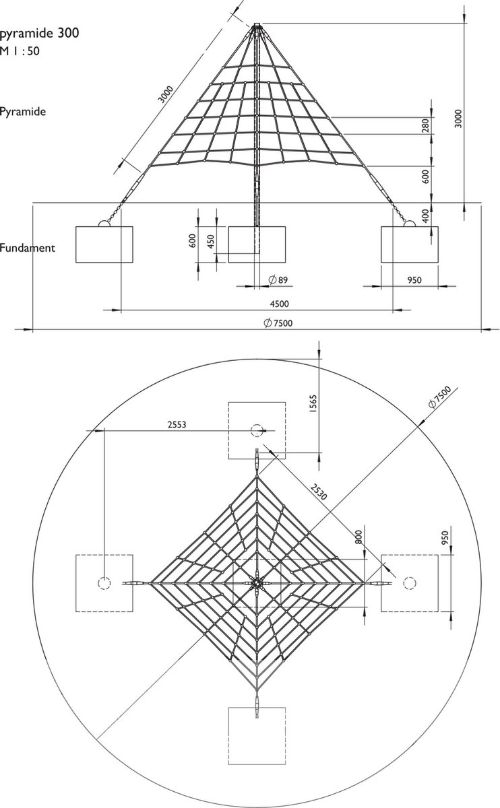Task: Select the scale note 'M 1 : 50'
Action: [x=20, y=50]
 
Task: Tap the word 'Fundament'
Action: [x=28, y=248]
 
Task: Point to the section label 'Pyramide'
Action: [x=24, y=112]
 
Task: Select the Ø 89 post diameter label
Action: [x=278, y=279]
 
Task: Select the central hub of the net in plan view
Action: [x=257, y=583]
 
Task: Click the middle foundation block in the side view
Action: [x=257, y=244]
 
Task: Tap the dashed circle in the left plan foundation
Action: [x=104, y=583]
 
